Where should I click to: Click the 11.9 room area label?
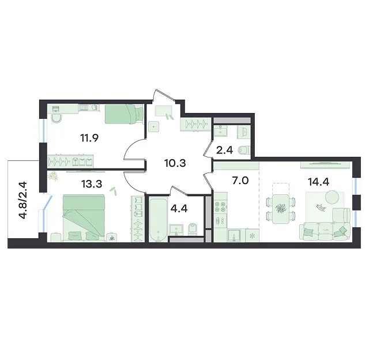(89, 138)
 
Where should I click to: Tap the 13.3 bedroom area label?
(92, 184)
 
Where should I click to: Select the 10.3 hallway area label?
(175, 163)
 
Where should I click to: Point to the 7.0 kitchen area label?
(240, 181)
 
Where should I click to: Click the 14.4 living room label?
(318, 182)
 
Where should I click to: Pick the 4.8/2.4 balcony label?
(24, 200)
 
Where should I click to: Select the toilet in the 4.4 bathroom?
(194, 229)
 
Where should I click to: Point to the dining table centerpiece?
(280, 208)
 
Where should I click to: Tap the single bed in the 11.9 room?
(124, 114)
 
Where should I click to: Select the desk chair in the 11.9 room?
(56, 118)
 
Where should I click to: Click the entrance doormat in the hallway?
(163, 111)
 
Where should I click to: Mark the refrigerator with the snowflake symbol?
(253, 235)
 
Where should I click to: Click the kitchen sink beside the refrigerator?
(234, 235)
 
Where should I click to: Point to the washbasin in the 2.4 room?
(220, 131)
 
